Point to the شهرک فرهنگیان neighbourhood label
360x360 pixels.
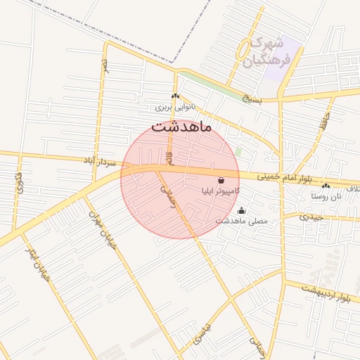pos(270,51)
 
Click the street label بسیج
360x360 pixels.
pos(250,99)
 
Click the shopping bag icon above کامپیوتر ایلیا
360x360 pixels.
pos(221,180)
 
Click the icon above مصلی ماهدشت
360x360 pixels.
pos(242,210)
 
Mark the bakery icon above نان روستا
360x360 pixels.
pos(326,186)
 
